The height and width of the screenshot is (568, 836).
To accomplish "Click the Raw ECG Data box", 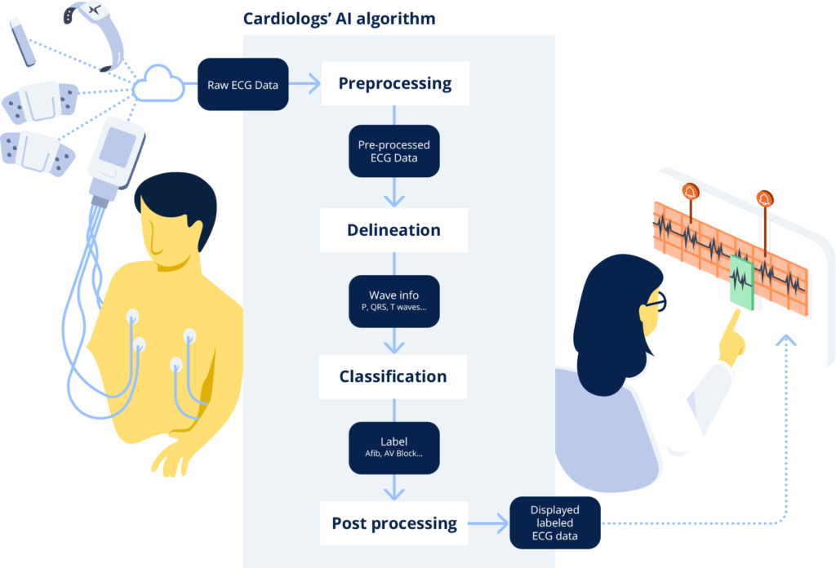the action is click(243, 84).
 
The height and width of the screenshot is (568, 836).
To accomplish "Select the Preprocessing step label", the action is click(395, 83).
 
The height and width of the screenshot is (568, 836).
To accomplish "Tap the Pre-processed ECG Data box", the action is click(394, 151).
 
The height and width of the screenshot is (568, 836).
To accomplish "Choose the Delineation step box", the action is click(394, 230).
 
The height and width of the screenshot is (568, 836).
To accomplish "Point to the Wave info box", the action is click(394, 301).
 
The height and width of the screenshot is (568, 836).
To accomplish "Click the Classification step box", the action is click(393, 377).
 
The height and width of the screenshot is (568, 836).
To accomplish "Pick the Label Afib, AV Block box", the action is click(394, 447).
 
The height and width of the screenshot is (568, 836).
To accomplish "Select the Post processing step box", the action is click(394, 523).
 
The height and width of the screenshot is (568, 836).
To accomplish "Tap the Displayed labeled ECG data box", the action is click(555, 523).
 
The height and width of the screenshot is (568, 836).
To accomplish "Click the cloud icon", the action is click(158, 84).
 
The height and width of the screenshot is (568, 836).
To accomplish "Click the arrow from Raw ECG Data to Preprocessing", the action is click(305, 84).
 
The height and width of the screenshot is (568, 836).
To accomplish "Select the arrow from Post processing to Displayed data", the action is click(488, 523).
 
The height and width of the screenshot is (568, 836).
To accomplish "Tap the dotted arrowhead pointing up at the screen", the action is click(786, 340).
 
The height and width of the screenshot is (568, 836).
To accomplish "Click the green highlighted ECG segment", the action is click(741, 282).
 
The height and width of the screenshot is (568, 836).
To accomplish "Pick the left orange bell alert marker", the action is click(691, 191).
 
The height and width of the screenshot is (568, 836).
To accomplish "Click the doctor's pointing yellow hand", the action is click(732, 338).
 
